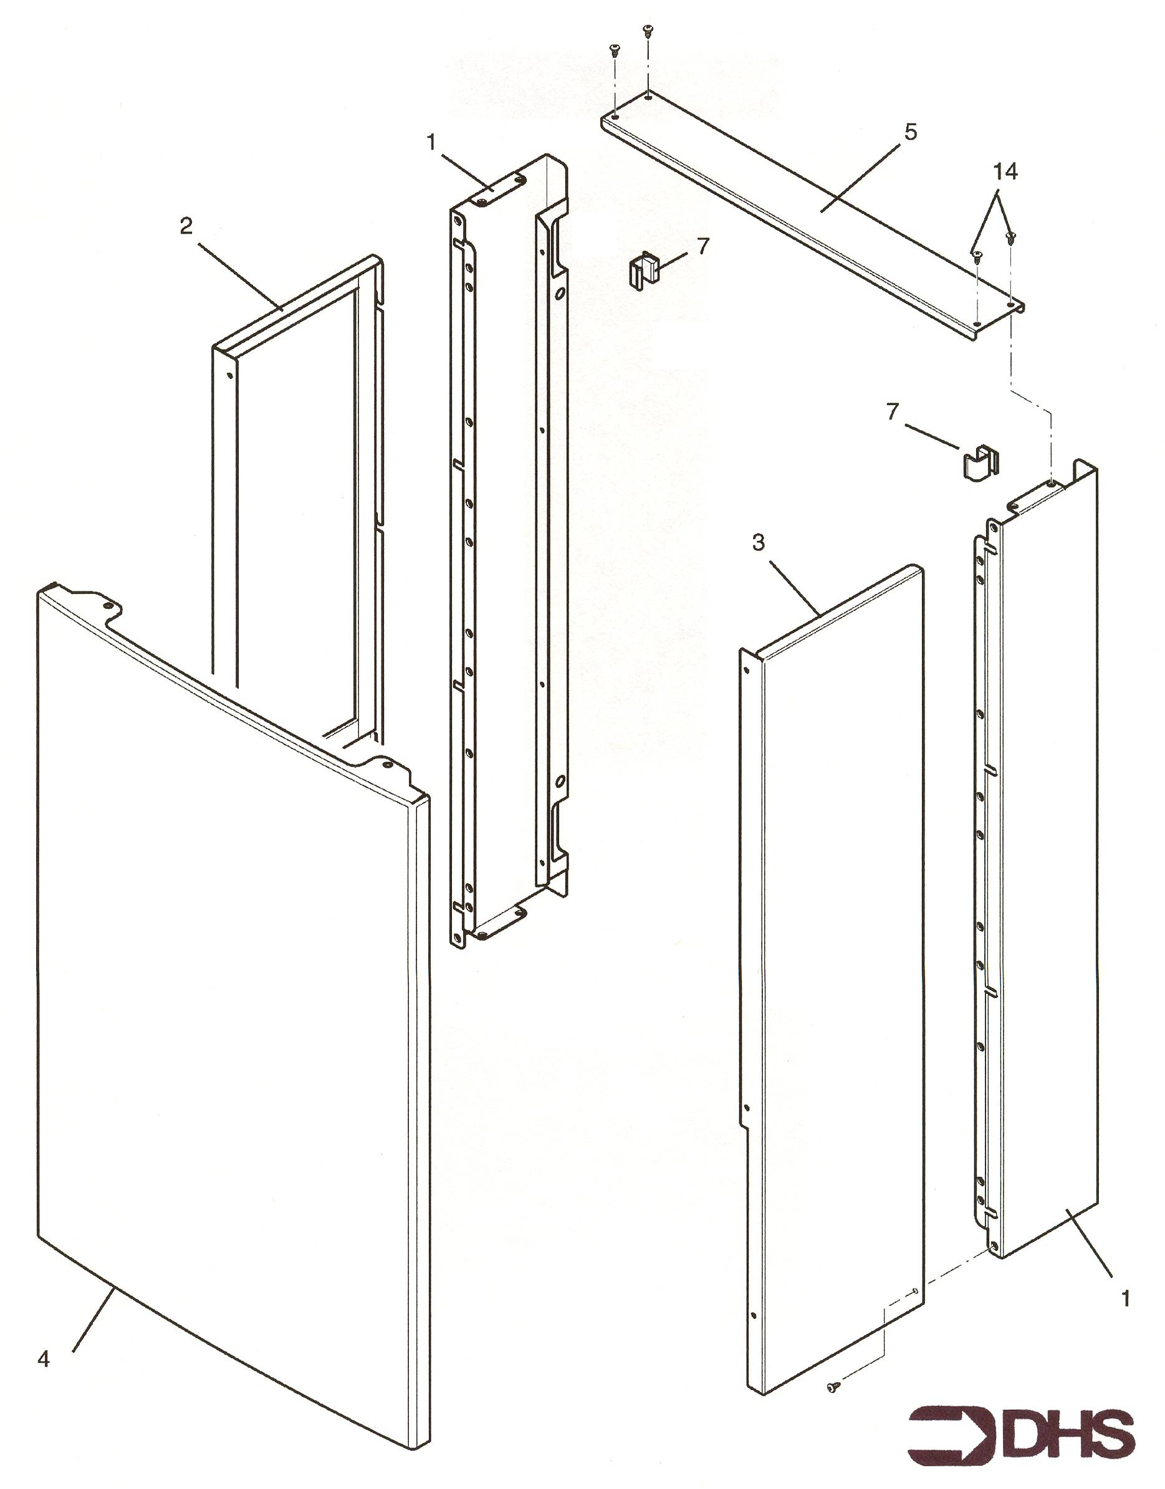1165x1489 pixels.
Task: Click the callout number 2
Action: click(186, 227)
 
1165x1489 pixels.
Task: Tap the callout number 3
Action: click(759, 543)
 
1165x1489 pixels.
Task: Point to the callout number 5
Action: click(910, 131)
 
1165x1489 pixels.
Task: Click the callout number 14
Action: click(1005, 173)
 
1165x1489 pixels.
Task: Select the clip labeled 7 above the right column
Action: click(980, 463)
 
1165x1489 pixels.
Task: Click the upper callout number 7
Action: click(704, 245)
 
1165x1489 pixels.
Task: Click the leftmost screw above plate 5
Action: click(614, 49)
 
